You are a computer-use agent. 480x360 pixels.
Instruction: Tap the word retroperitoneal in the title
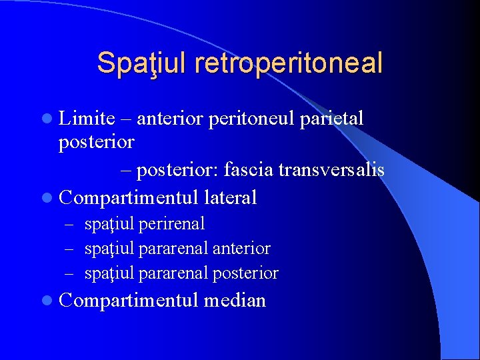(289, 63)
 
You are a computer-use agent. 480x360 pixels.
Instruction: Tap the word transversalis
(331, 170)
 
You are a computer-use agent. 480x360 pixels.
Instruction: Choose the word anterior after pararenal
(241, 249)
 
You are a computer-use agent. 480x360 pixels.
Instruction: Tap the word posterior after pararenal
(245, 273)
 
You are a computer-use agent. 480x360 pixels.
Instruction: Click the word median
(235, 301)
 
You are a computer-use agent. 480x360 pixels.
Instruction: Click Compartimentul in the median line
(129, 301)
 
